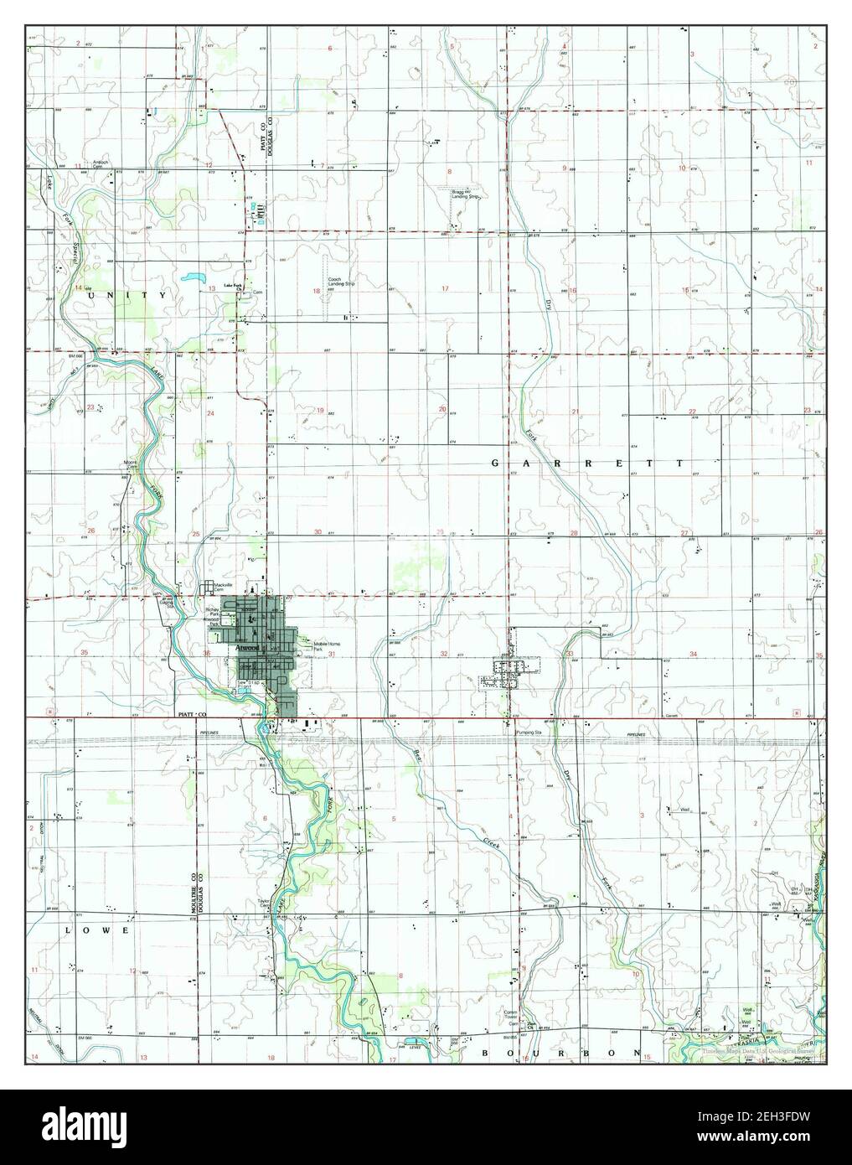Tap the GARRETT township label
click(586, 463)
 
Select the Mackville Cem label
click(221, 587)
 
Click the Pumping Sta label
click(528, 732)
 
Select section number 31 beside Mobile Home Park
click(333, 654)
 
